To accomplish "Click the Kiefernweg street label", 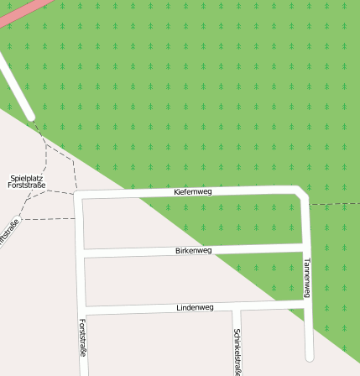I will pos(193,192).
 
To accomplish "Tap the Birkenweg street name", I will pos(194,250).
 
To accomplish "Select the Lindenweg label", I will pos(195,308).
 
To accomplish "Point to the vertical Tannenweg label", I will pos(307,277).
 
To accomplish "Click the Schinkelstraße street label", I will pos(238,350).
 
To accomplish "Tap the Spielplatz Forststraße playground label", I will pos(27,181).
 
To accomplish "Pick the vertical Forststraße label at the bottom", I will pos(82,337).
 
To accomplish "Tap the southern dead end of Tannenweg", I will pos(310,356).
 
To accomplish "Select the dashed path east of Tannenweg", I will pos(336,204).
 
